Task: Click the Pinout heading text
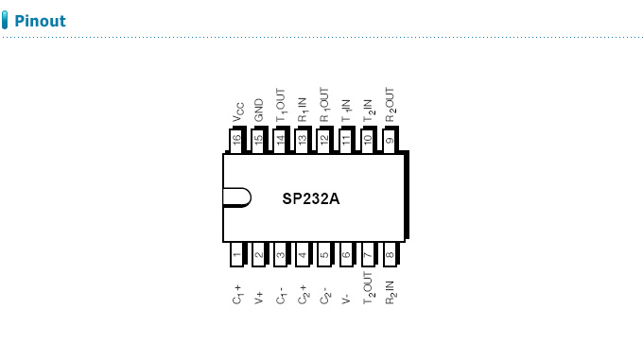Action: tap(40, 21)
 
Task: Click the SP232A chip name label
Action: tap(311, 199)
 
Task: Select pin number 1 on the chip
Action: tap(236, 254)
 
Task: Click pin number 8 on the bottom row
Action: tap(390, 254)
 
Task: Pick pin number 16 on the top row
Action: tap(236, 140)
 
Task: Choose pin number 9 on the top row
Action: tap(390, 140)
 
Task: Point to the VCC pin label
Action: tap(238, 113)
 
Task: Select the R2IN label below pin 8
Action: tap(390, 290)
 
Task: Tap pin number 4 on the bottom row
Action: tap(303, 254)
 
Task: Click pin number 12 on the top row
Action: tap(324, 140)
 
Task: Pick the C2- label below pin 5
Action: tap(324, 293)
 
